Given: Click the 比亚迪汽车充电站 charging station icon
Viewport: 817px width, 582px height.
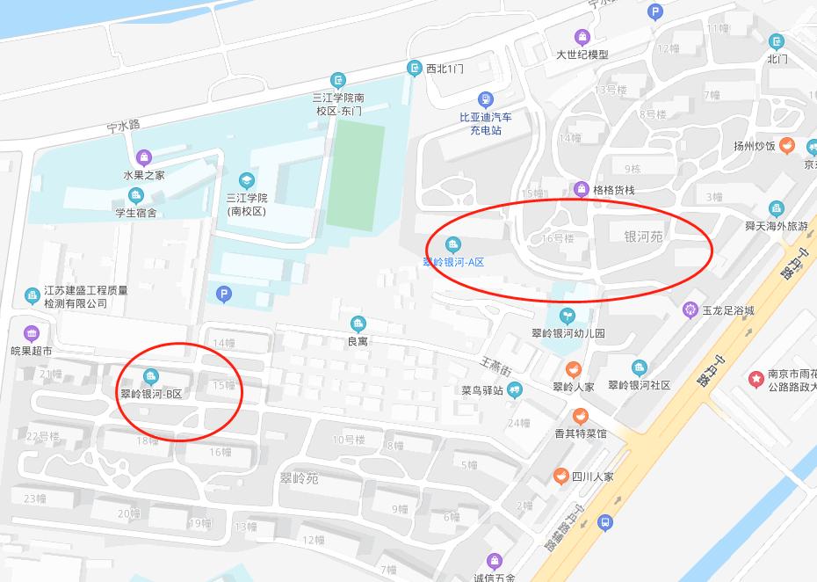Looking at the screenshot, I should [x=485, y=99].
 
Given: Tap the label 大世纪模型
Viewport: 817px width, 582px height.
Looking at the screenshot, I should [x=582, y=55].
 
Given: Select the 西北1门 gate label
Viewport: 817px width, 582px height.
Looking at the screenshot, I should [x=445, y=68].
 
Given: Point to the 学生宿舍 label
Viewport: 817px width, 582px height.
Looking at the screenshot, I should [x=135, y=212].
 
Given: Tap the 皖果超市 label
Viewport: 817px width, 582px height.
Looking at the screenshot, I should [x=32, y=351].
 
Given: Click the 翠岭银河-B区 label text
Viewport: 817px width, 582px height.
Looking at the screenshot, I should [x=151, y=394].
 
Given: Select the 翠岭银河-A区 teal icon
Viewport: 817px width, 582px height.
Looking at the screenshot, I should [x=453, y=244].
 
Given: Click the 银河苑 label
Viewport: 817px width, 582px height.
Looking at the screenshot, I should [x=643, y=236].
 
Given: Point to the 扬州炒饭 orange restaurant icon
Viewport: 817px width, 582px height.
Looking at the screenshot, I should [x=789, y=146].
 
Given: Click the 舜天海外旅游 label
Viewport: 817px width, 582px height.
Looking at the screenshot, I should [x=776, y=226].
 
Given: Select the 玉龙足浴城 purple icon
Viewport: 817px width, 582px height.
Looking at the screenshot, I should [x=690, y=309].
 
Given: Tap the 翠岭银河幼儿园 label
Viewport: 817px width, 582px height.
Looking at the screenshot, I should [x=568, y=333].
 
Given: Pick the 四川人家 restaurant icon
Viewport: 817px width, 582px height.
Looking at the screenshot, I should [x=560, y=477].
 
